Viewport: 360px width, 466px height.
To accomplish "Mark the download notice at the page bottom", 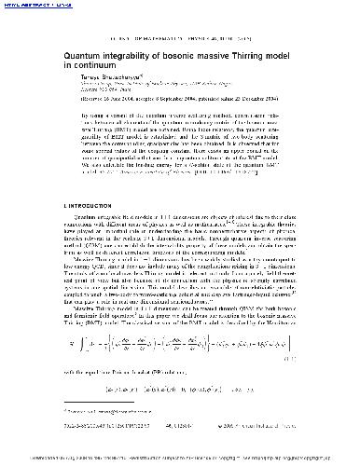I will click(x=180, y=459).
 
